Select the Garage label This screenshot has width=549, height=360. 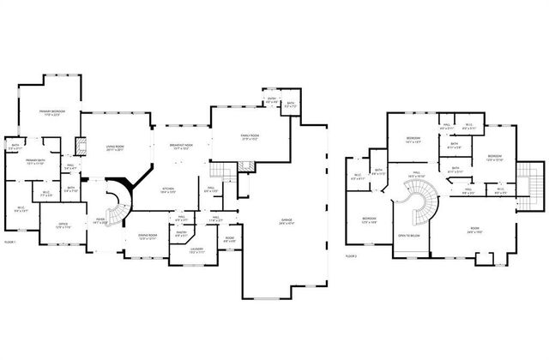point(286,221)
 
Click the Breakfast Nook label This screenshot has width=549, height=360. point(182,147)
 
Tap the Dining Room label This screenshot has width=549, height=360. point(148,237)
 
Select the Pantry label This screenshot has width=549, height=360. point(181,232)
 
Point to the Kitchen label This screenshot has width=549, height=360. point(169,191)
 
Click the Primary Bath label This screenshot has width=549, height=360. point(35,162)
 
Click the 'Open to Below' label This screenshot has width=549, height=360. point(408,234)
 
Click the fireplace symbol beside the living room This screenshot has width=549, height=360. point(83,146)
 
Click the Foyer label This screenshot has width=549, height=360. point(100,220)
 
